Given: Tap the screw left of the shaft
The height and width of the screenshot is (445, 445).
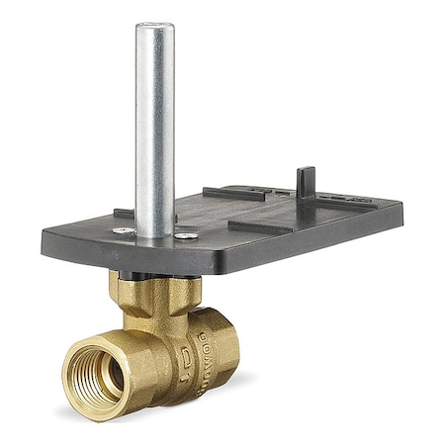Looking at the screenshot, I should [124, 229].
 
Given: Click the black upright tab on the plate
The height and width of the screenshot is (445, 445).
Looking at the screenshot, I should [305, 180].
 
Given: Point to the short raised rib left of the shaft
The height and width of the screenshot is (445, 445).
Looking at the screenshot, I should [124, 213].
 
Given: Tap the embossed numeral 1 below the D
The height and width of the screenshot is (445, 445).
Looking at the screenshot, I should [186, 376].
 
